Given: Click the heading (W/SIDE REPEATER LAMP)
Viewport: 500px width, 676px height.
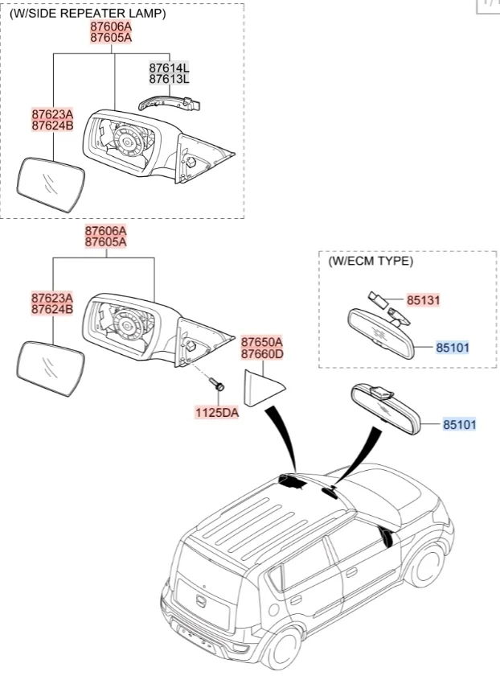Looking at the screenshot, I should point(88,14).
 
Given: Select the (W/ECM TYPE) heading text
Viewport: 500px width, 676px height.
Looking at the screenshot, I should point(371,262).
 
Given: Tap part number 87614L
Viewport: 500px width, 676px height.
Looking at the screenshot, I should point(169,69).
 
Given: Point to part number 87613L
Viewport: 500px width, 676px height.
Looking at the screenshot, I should point(169,80).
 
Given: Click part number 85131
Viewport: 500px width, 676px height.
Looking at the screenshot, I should point(423,300).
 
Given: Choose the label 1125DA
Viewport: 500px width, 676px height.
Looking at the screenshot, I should point(216,413).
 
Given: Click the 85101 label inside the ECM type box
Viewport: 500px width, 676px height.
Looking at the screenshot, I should point(453,348).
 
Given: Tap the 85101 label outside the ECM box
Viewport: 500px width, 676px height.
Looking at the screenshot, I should point(459,423).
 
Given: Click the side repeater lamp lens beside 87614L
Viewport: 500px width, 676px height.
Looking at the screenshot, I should point(169,101).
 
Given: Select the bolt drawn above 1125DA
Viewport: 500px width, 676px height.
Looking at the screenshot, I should point(219,385).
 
